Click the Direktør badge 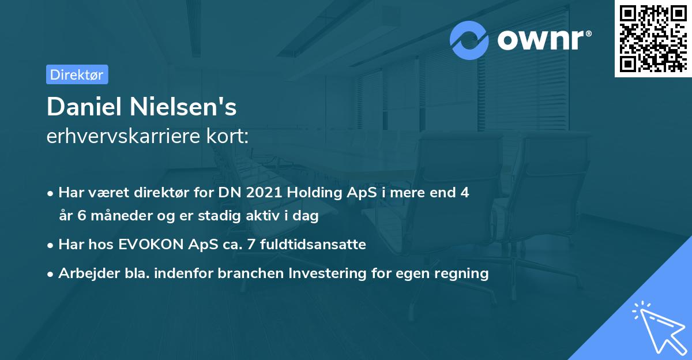[x=77, y=74]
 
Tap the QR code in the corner [x=652, y=38]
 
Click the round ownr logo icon [x=469, y=40]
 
